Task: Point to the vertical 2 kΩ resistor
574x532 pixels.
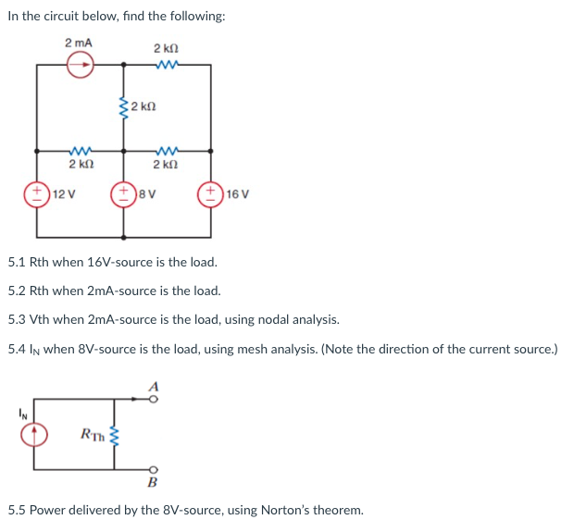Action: click(121, 107)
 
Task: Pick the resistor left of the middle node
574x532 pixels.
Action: click(79, 150)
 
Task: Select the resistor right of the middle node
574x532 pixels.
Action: click(167, 150)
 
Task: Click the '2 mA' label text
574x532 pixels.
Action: click(79, 43)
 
